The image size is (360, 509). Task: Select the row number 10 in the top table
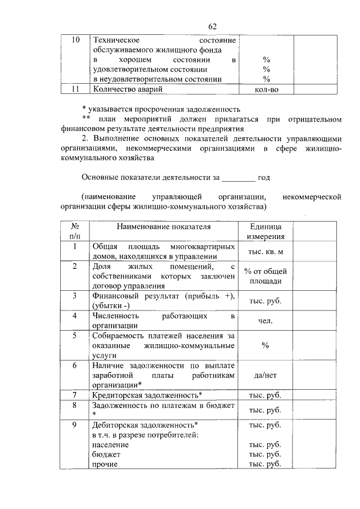click(x=75, y=40)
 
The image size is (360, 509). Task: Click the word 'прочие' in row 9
click(x=105, y=464)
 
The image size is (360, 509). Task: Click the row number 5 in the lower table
click(x=75, y=336)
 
